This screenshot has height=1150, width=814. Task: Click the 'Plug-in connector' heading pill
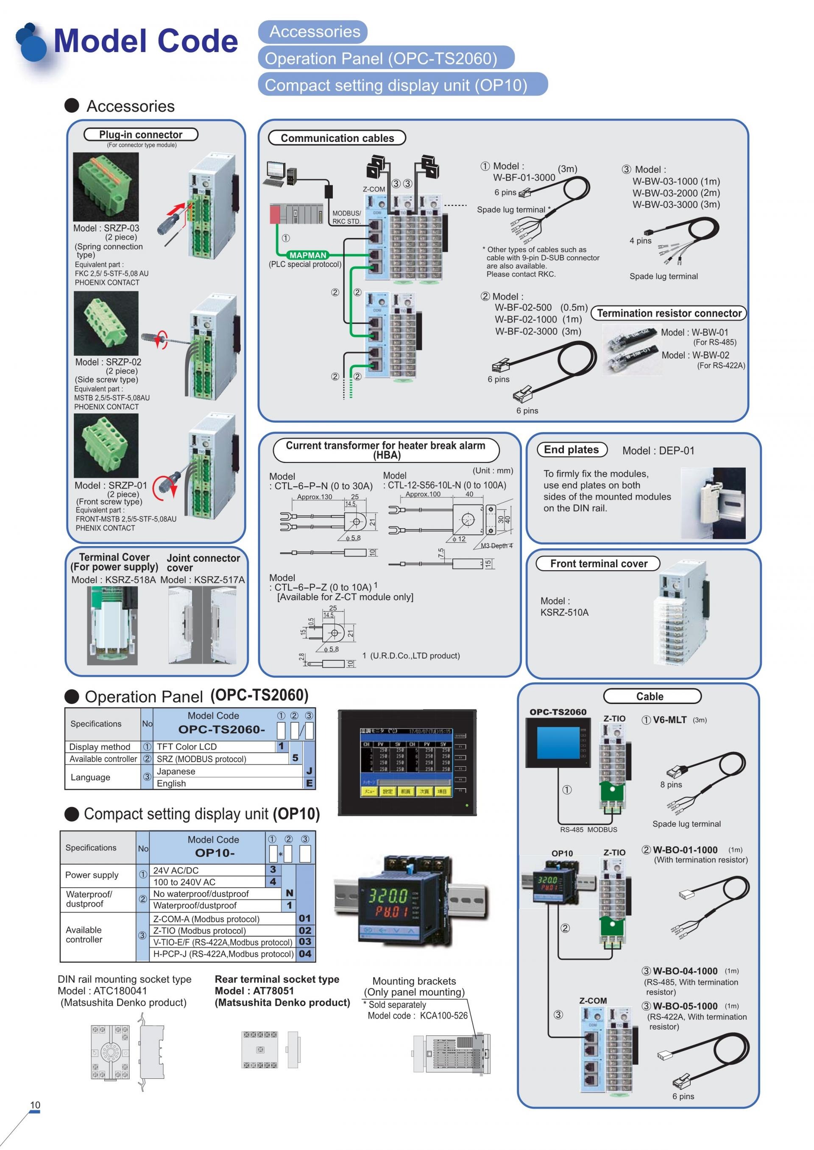click(x=141, y=135)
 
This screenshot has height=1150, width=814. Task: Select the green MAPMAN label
click(x=308, y=255)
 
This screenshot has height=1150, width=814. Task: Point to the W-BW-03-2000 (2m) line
click(x=676, y=193)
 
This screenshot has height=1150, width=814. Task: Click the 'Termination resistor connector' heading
click(x=669, y=313)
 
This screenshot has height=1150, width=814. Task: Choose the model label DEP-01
click(x=676, y=451)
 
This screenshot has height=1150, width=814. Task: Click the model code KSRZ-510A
click(x=564, y=612)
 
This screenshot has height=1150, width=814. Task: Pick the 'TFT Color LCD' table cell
click(x=187, y=747)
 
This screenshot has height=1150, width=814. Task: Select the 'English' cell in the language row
click(x=171, y=783)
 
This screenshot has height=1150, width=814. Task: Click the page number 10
click(x=35, y=1105)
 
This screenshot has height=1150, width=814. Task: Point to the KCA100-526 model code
click(x=443, y=1015)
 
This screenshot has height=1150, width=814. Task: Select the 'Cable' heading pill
click(x=650, y=696)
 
